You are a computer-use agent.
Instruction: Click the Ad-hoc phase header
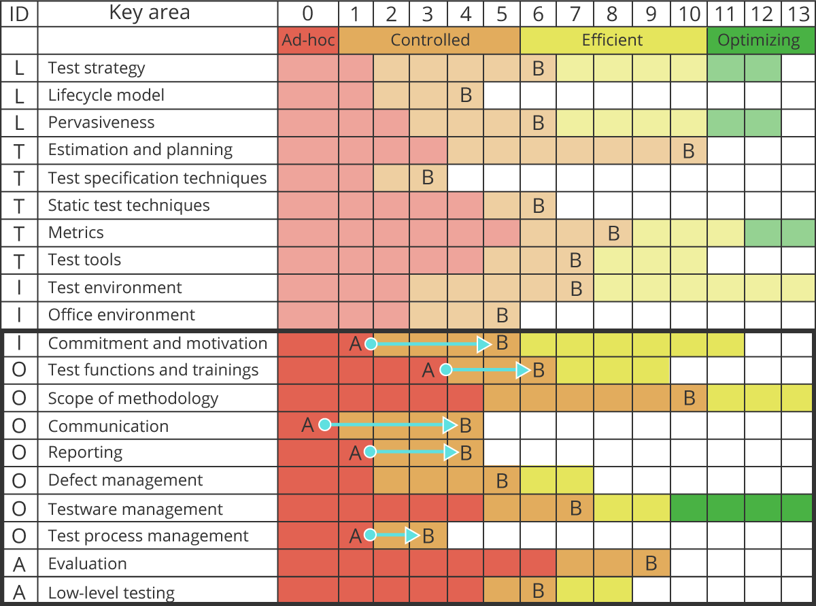(x=308, y=40)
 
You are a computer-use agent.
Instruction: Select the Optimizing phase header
(x=759, y=40)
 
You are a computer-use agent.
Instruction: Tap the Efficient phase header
(x=613, y=40)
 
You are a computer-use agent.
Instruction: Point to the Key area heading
(x=149, y=13)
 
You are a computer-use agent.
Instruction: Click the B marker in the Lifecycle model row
(x=466, y=95)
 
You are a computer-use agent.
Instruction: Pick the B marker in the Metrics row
(x=613, y=233)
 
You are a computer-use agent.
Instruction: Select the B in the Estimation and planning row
(x=688, y=151)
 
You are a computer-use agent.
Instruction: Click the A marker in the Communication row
(x=307, y=425)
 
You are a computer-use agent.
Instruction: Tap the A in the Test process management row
(x=355, y=536)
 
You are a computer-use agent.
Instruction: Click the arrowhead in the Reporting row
(x=450, y=452)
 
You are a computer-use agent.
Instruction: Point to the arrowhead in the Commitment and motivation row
(x=483, y=344)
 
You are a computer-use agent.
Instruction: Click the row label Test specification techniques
(x=157, y=178)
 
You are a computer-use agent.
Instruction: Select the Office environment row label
(x=121, y=315)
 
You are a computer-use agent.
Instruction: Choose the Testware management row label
(x=135, y=509)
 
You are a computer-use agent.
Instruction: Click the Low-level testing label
(x=111, y=593)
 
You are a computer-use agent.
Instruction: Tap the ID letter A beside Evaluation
(x=19, y=565)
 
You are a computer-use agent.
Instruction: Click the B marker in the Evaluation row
(x=651, y=563)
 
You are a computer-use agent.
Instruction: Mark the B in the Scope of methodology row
(x=689, y=399)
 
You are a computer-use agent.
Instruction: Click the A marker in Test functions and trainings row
(x=428, y=371)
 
